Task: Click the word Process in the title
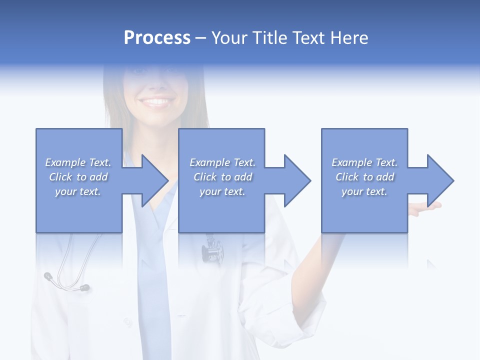[157, 38]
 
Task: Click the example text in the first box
[78, 176]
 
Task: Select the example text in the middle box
[222, 176]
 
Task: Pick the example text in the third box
[364, 176]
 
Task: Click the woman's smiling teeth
[156, 102]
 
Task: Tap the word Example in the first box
[65, 162]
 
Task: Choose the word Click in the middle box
[204, 177]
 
